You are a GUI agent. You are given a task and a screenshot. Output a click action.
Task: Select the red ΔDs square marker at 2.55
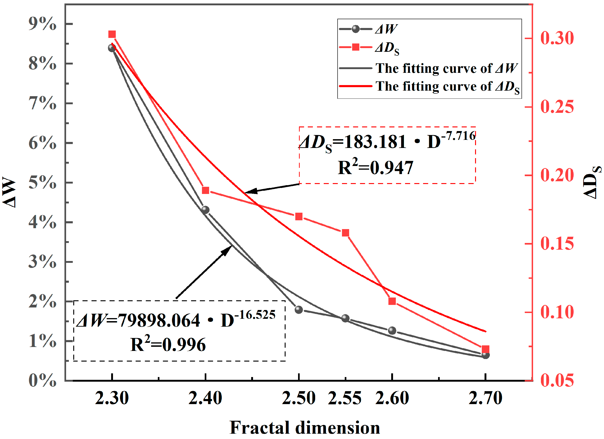coord(345,233)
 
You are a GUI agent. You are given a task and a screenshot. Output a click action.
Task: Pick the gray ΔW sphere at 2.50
coord(299,310)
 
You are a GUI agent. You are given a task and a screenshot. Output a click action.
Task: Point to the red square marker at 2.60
coord(392,301)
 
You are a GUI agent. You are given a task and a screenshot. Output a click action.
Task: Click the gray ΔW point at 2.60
coord(392,331)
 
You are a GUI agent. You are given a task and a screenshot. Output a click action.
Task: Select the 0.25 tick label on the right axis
coord(557,107)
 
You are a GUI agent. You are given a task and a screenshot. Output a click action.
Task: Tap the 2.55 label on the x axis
coord(345,399)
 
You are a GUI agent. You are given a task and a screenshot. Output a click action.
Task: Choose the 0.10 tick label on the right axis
coord(557,312)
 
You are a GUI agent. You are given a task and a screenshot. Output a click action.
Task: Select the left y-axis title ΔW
coord(9,192)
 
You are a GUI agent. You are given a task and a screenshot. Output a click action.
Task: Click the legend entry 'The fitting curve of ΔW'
coord(446,68)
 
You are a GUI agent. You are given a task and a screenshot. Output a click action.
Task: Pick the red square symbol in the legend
coord(356,47)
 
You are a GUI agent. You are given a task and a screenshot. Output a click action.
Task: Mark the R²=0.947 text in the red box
coord(375,168)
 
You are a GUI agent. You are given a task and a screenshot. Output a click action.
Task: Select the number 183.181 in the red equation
coord(375,142)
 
